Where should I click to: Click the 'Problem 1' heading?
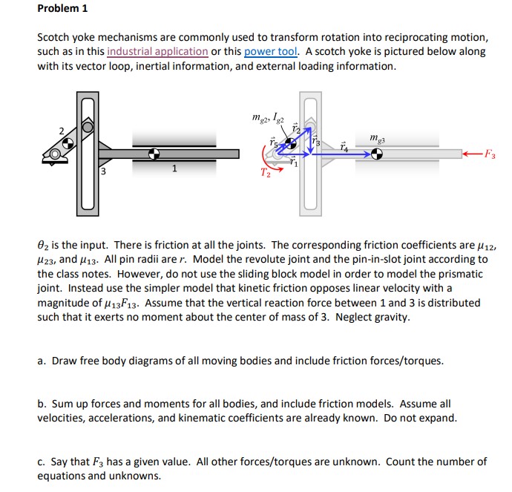tap(62, 10)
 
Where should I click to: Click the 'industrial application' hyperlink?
tap(157, 51)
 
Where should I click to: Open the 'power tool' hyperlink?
tap(270, 51)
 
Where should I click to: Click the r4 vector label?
tap(343, 147)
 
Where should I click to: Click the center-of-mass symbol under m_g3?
tap(377, 154)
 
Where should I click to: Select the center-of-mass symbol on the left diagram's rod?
tap(154, 154)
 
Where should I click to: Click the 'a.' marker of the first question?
tap(42, 361)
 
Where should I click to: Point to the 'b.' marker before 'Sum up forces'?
tap(42, 404)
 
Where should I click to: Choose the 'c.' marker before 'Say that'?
tap(42, 462)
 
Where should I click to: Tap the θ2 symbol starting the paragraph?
tap(43, 246)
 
